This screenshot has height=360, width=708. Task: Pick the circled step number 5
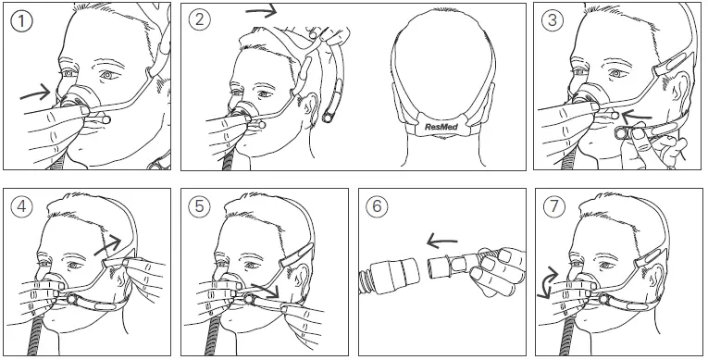tap(201, 207)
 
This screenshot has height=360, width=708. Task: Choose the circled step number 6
tap(378, 207)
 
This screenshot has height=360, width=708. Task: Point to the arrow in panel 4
tap(111, 242)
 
